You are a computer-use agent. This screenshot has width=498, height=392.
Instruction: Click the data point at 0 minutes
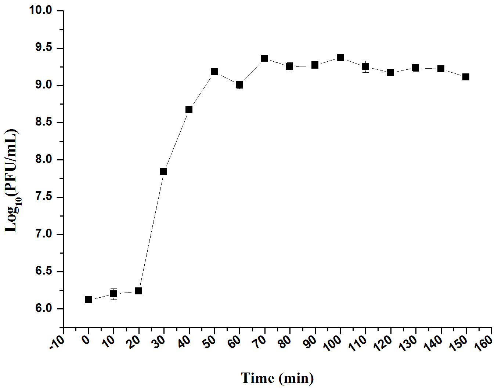88,300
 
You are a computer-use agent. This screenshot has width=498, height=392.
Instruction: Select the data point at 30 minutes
164,172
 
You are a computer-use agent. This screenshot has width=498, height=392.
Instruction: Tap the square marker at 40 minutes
189,110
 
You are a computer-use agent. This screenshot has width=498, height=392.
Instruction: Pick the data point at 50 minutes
214,72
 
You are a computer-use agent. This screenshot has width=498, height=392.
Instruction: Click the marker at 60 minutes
239,84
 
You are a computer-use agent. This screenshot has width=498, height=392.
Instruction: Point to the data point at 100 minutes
340,58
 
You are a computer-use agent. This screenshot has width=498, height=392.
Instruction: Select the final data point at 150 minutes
466,77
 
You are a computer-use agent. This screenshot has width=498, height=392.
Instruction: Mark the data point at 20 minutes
138,291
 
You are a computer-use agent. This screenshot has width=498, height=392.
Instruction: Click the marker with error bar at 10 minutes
113,294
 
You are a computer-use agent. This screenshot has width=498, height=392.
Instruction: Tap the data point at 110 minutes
365,66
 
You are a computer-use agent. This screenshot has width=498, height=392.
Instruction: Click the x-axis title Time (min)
277,378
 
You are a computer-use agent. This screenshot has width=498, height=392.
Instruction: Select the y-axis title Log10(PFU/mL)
12,181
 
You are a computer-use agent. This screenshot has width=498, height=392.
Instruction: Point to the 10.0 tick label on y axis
41,11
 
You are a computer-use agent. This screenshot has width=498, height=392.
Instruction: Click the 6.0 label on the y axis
44,309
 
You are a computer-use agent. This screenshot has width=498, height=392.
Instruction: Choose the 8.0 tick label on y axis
44,160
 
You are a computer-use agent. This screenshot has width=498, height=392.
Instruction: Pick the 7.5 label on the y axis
44,197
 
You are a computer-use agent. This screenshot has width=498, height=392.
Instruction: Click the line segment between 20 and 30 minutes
151,231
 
